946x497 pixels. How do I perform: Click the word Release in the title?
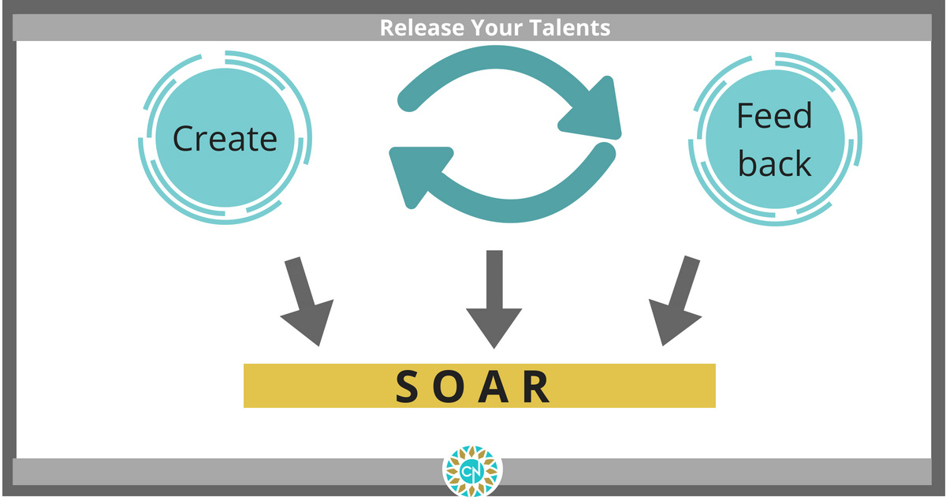[x=422, y=28]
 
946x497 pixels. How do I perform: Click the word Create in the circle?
[x=225, y=139]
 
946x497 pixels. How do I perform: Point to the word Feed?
[x=774, y=115]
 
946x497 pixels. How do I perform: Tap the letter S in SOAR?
[x=407, y=387]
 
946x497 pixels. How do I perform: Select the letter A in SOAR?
[x=493, y=387]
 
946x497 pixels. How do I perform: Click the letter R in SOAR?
[x=536, y=387]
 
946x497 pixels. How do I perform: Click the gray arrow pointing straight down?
[x=494, y=299]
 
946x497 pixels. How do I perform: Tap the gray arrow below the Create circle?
[x=307, y=301]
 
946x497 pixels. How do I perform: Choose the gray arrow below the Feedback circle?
[x=676, y=300]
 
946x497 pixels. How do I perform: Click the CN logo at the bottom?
[x=472, y=470]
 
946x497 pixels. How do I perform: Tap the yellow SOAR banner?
[x=479, y=386]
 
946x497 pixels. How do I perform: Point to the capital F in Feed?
[x=746, y=115]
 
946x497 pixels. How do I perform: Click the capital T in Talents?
[x=536, y=28]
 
